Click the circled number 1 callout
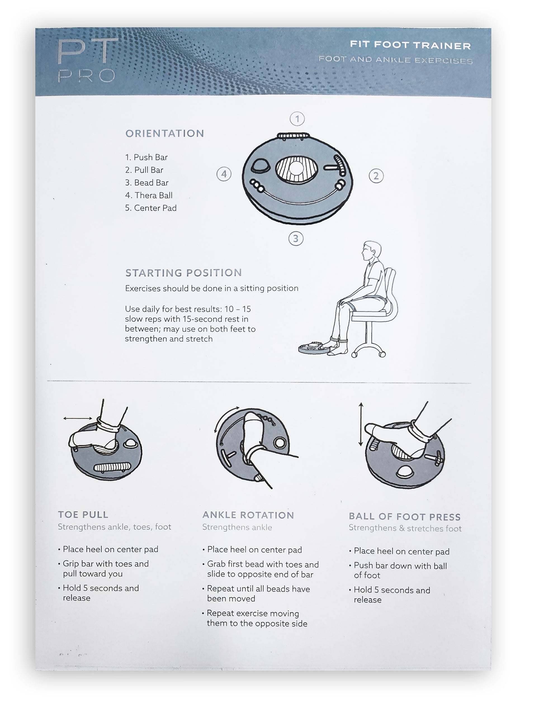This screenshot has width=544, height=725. coord(297,119)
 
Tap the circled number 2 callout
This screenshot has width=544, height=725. coord(376,176)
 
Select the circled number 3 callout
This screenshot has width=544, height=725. coord(295,238)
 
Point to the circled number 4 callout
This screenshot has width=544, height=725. coord(224,174)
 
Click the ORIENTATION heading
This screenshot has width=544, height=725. coord(165,133)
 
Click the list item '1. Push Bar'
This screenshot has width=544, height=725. coord(146,157)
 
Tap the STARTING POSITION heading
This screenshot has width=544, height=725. coord(184,273)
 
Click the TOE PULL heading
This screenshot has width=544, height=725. coord(83,515)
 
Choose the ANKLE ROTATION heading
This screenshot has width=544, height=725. coord(248,515)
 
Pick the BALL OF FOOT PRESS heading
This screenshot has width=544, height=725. coord(404,517)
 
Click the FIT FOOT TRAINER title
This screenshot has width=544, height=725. coord(410,45)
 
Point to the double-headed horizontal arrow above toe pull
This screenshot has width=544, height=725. coord(78,418)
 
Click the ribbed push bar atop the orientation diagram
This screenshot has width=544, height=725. coord(293,136)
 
